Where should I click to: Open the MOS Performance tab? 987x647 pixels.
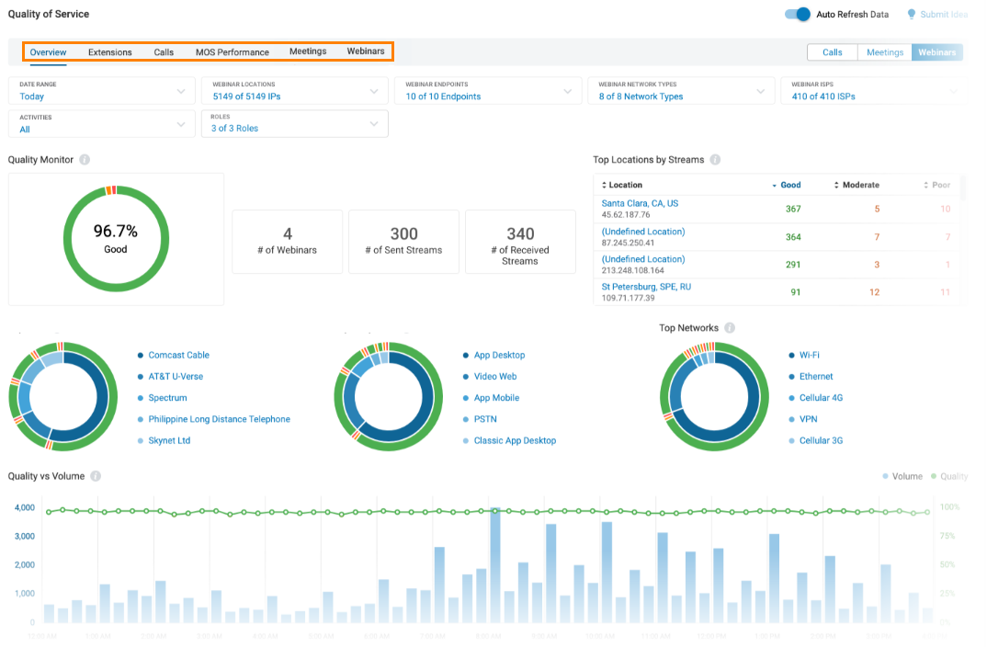pos(232,52)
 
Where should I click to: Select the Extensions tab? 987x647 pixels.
pos(110,52)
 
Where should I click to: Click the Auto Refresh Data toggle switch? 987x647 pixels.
pos(798,15)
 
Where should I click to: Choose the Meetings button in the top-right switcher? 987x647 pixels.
pos(884,52)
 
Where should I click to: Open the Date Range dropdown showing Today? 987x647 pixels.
pos(101,91)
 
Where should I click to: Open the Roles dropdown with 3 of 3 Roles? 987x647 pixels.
pos(294,123)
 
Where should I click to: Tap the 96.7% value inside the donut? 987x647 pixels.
pos(116,232)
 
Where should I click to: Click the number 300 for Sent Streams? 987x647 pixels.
pos(403,234)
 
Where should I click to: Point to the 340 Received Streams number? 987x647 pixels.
pos(520,234)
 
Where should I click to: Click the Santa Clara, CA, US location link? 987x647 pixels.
pos(640,203)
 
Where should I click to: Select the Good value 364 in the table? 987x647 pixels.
pos(792,237)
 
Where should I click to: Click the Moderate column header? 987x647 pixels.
pos(860,185)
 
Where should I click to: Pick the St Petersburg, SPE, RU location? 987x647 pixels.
pos(646,287)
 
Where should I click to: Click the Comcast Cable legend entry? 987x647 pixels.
pos(178,355)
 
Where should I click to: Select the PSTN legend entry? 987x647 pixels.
pos(485,419)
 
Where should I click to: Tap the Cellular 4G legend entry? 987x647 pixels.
pos(821,398)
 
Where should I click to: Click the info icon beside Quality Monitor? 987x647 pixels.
pos(85,160)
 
